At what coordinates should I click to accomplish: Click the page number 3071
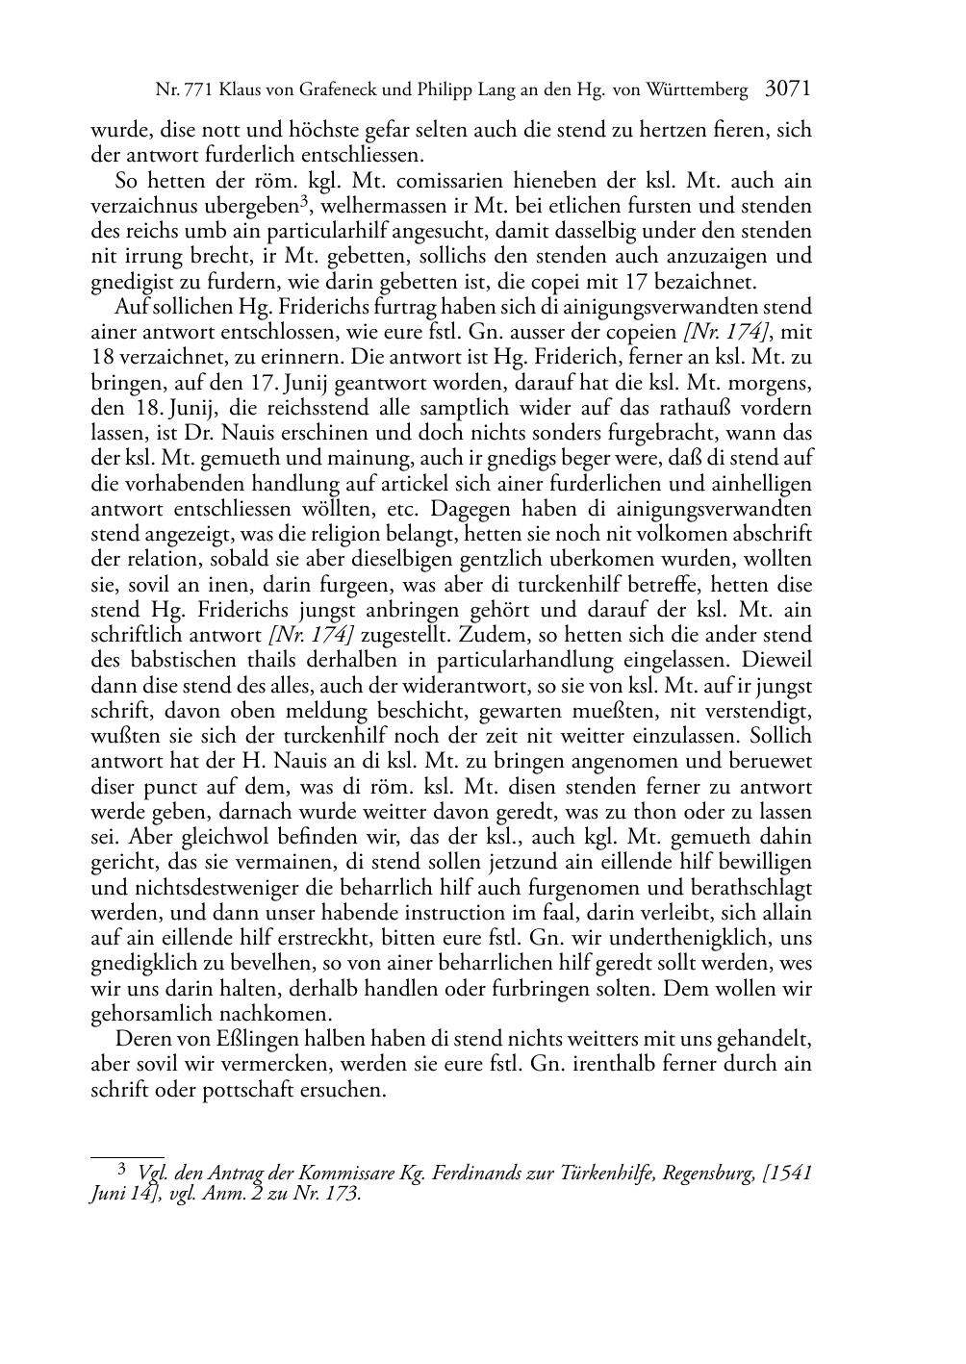click(x=788, y=89)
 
